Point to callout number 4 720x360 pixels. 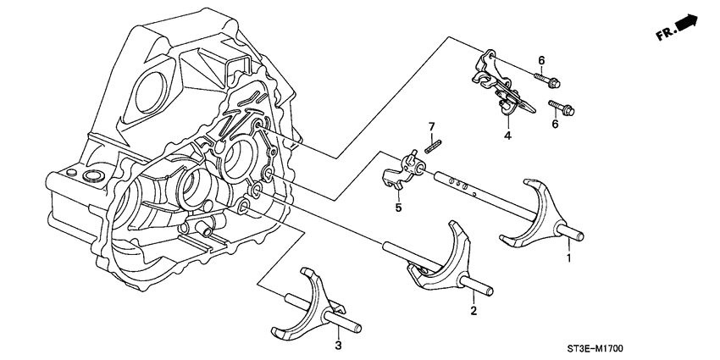[507, 135]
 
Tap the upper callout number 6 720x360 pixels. [540, 59]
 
